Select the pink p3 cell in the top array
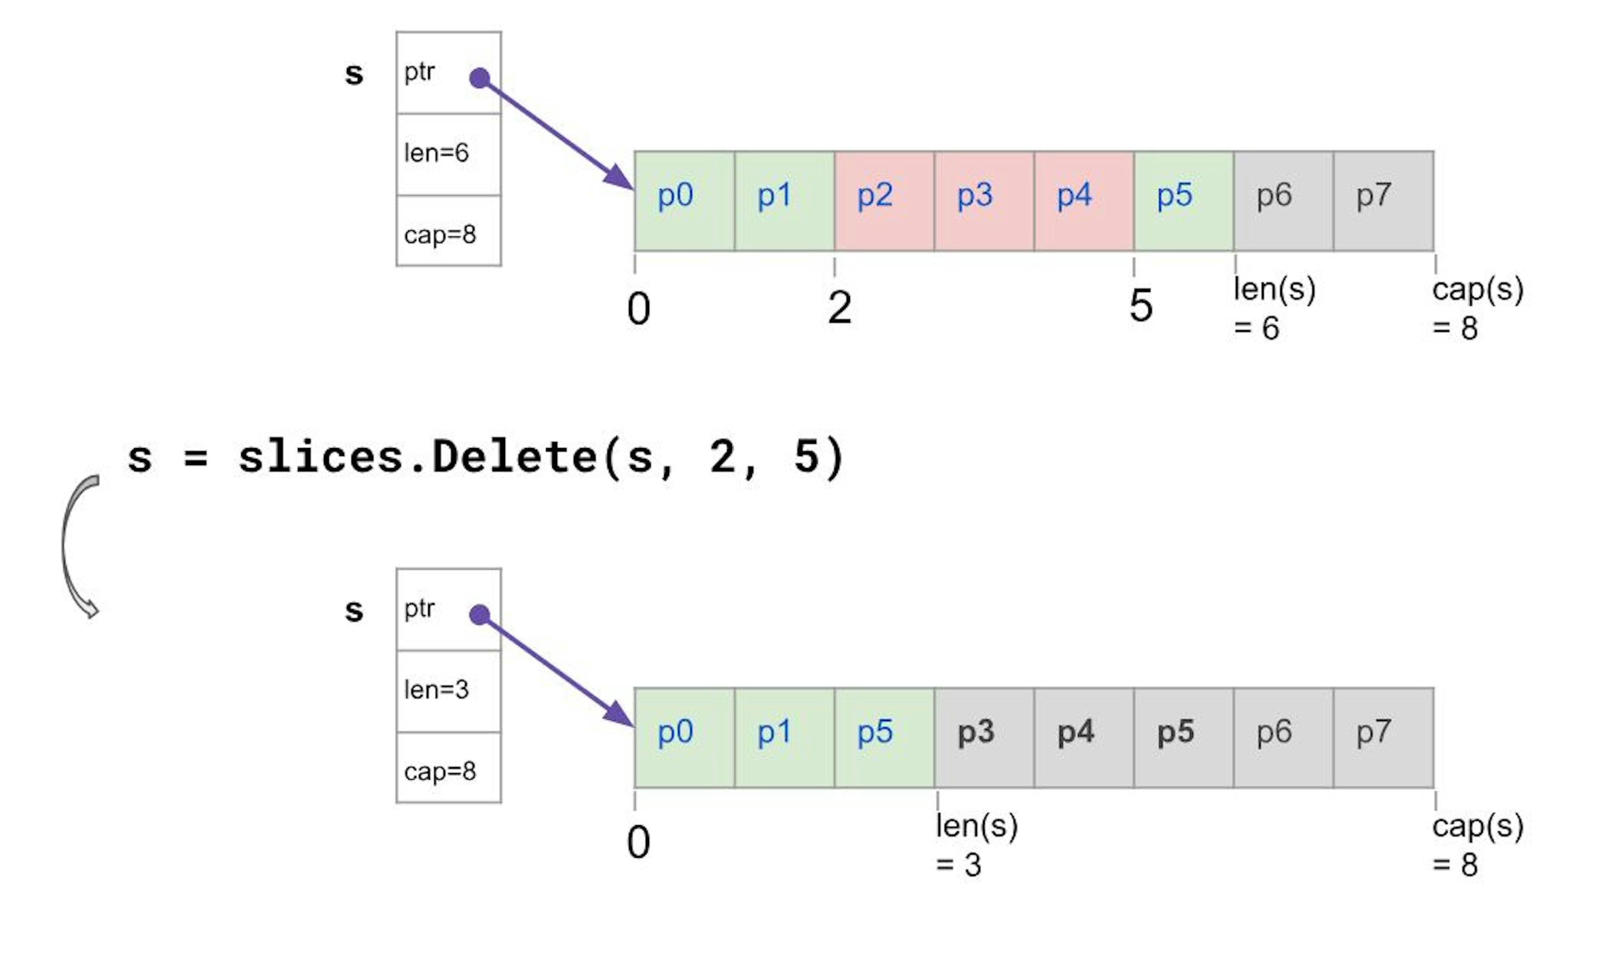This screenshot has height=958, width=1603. point(984,201)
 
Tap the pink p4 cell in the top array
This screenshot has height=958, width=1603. point(1084,201)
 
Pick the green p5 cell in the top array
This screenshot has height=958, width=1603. point(1183,201)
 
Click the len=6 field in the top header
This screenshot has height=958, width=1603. point(448,154)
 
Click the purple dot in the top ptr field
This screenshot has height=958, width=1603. point(480,78)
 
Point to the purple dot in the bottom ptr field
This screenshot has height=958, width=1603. point(480,615)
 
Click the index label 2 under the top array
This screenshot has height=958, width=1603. point(839,308)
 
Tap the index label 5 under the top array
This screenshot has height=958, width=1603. point(1141,306)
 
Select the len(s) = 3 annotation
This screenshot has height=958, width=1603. point(976,845)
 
